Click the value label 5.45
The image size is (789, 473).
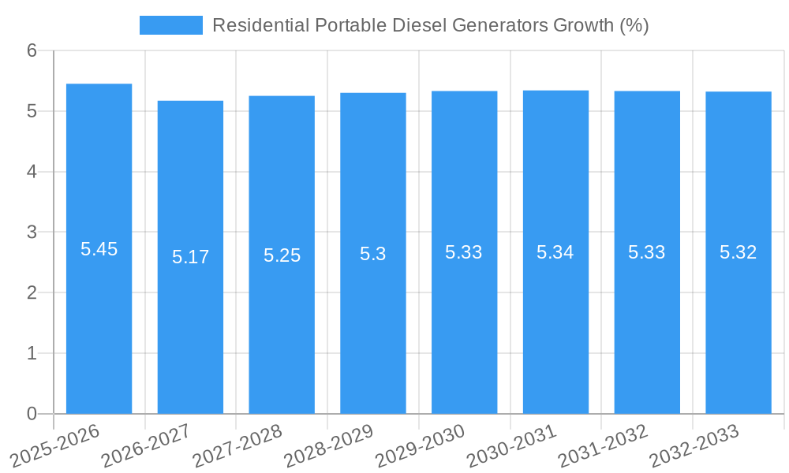click(x=99, y=249)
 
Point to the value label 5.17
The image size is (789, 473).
click(x=190, y=257)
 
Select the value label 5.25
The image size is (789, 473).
click(x=282, y=255)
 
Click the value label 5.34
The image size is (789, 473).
click(x=555, y=252)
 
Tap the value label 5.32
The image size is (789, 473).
click(x=738, y=252)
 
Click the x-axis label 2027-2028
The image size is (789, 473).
click(x=237, y=446)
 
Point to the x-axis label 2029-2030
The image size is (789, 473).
click(x=420, y=446)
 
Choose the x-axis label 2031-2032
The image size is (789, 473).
click(x=603, y=446)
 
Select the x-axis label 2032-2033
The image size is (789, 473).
click(x=694, y=446)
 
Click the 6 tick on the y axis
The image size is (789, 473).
click(x=32, y=50)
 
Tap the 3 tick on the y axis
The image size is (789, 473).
click(x=32, y=233)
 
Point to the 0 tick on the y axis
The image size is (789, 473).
click(x=32, y=414)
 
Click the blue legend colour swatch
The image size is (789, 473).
click(x=170, y=25)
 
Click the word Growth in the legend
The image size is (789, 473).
click(x=582, y=25)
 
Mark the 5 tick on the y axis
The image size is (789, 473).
click(x=32, y=111)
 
